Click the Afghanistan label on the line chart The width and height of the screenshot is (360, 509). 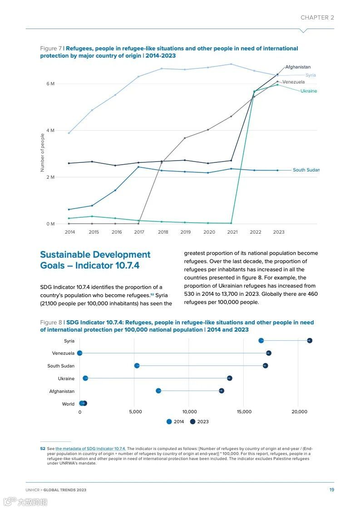(x=298, y=67)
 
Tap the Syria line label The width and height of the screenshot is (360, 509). (x=311, y=75)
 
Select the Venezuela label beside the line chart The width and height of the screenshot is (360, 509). (x=293, y=82)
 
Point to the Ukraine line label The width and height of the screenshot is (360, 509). (x=309, y=91)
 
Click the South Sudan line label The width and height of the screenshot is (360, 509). (x=306, y=170)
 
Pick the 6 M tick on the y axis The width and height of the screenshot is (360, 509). (x=50, y=84)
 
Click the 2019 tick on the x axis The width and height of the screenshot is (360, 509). (x=185, y=232)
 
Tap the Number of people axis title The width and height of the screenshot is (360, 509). (x=43, y=152)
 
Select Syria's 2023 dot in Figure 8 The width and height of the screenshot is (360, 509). (x=310, y=341)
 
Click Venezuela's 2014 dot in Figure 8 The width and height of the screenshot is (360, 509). (x=80, y=353)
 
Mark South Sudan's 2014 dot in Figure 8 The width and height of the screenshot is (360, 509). (x=137, y=366)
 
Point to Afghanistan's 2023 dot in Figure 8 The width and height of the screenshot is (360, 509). (x=222, y=391)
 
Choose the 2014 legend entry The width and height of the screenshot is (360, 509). (x=175, y=422)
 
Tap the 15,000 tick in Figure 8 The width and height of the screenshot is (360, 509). (x=244, y=412)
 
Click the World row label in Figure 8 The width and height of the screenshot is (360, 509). (x=68, y=404)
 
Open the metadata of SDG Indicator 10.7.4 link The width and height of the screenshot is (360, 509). (x=91, y=448)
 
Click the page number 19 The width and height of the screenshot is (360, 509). (x=332, y=489)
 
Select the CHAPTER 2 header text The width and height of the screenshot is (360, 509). (x=317, y=18)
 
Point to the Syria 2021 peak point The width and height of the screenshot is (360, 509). (x=231, y=64)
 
